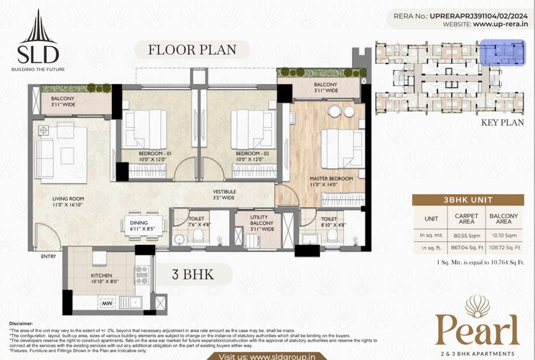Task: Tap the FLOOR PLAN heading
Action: click(191, 50)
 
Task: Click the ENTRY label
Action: click(49, 256)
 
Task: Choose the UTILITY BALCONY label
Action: click(259, 221)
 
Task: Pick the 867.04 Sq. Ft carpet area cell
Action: click(462, 246)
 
